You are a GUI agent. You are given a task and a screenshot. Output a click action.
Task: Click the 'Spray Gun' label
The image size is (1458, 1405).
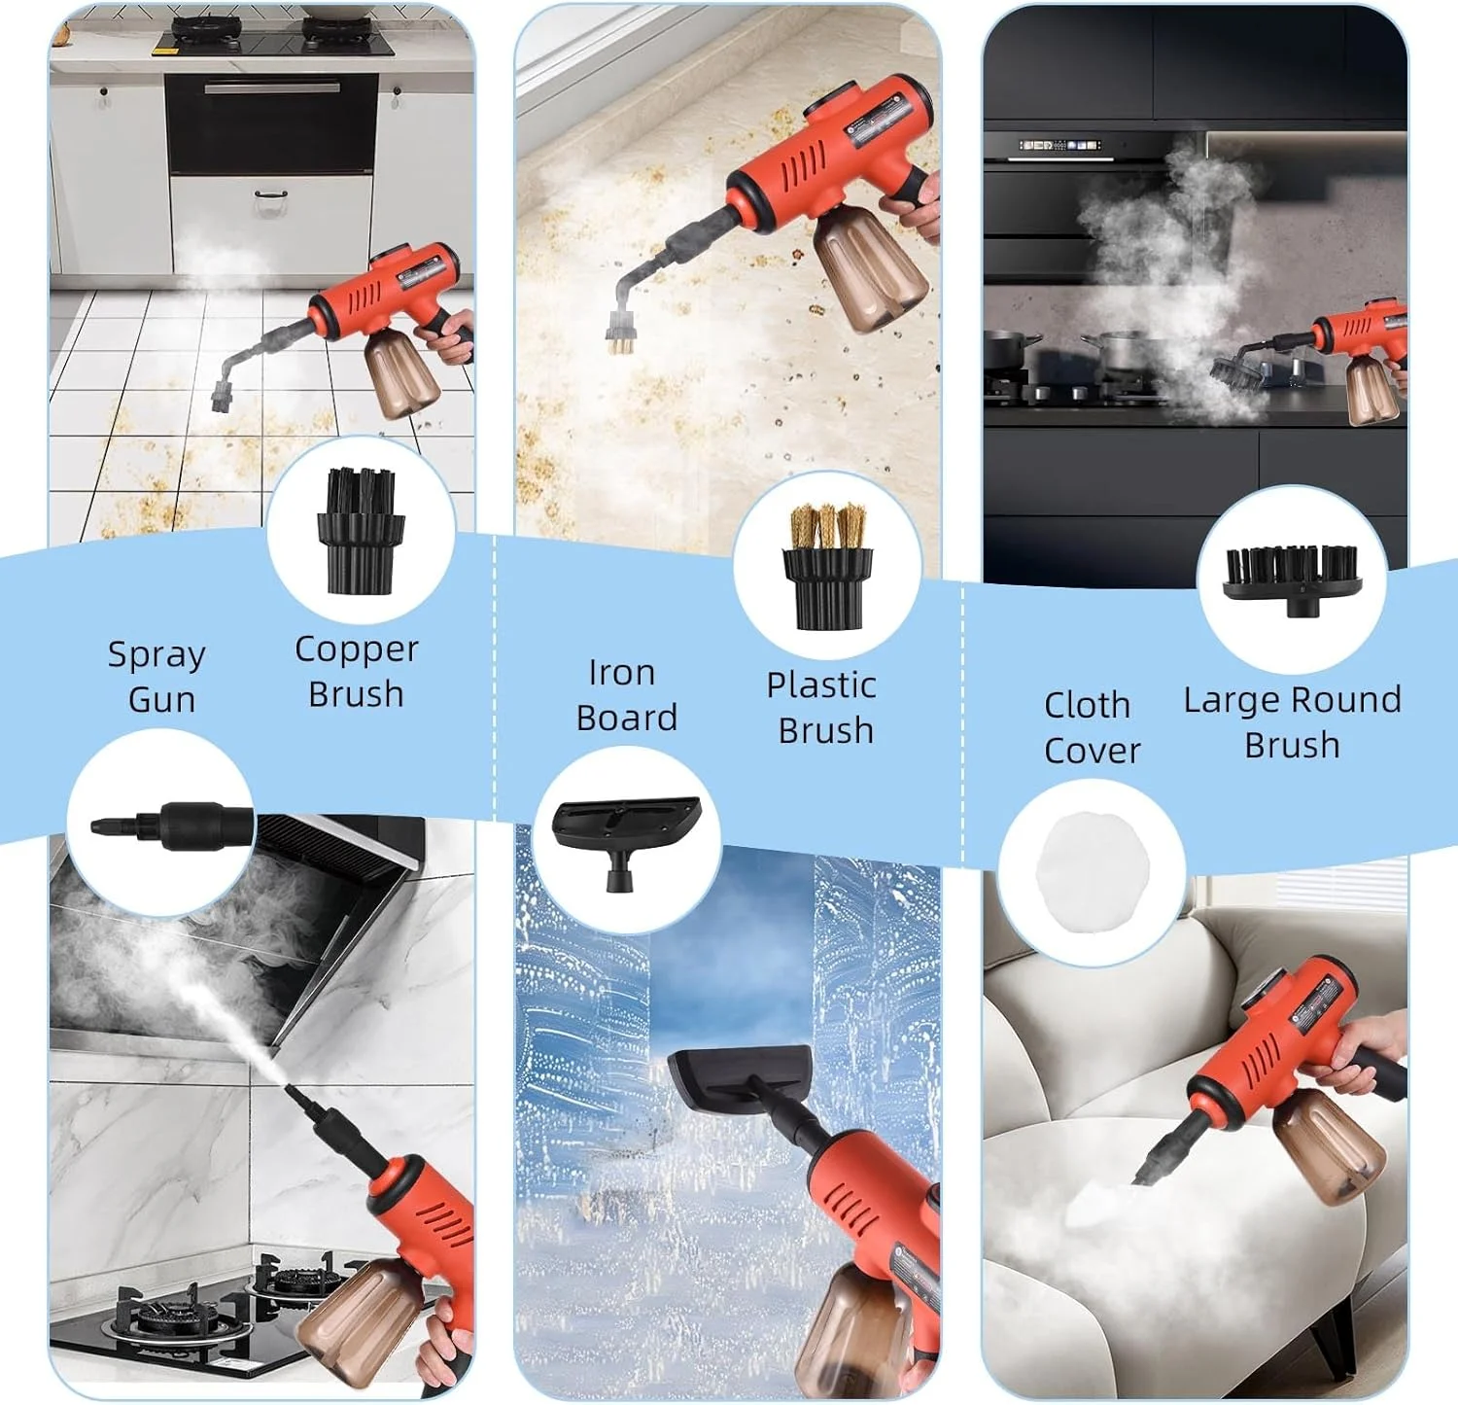[x=156, y=677]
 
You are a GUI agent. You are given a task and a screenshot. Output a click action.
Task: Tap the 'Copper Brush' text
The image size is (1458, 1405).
[x=357, y=671]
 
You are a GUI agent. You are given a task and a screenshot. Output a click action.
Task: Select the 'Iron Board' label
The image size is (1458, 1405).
[x=626, y=694]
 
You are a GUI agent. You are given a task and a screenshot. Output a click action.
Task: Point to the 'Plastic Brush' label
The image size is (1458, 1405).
[x=822, y=707]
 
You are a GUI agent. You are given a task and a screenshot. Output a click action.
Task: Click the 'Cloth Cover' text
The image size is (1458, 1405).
[x=1091, y=727]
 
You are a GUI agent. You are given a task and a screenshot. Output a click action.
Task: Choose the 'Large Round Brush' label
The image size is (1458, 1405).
[x=1292, y=721]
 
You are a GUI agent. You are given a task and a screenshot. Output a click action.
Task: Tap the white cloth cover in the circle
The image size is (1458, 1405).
[x=1093, y=872]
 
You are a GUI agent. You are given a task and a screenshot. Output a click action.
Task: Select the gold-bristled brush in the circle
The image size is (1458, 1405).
[x=827, y=566]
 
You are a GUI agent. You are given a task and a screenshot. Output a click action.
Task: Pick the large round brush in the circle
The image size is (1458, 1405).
[x=1291, y=579]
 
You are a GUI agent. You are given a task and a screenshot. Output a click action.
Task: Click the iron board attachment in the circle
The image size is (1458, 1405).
[x=626, y=838]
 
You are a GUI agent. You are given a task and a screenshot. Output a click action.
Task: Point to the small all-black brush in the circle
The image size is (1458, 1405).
[x=360, y=531]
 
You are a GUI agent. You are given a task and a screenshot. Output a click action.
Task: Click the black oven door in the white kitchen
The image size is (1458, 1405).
[x=271, y=125]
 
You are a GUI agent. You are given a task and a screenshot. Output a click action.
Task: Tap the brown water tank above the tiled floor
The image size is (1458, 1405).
[x=401, y=371]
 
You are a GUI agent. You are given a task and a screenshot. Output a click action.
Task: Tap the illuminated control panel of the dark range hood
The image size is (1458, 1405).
[x=1059, y=146]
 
